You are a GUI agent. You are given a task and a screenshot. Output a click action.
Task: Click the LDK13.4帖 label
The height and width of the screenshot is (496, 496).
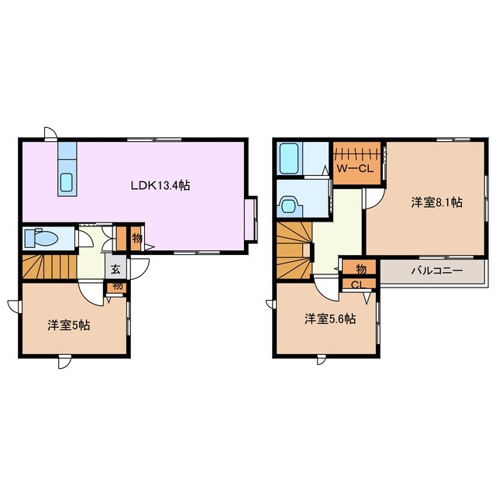pos(160,185)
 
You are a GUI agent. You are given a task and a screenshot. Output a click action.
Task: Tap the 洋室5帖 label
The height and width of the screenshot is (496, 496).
pos(69,325)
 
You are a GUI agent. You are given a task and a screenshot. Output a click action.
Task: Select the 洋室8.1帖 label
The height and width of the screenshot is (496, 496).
pos(436,202)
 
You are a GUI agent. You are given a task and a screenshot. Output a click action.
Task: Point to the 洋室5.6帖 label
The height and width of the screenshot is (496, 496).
pos(330,319)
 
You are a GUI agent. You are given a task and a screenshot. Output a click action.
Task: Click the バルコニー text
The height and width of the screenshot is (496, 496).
pos(437,270)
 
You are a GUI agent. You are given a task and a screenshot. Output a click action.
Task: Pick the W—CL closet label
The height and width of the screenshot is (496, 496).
pos(355,168)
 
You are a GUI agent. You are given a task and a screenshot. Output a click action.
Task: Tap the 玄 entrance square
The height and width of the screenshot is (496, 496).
pos(115,270)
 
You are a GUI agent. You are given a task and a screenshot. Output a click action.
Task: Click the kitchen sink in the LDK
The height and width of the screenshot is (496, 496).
pos(67,183)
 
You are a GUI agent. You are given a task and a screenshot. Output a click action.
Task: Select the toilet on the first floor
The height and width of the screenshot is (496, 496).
pos(41,238)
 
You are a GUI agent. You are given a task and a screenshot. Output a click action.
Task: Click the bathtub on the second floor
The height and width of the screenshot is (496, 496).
pos(289,158)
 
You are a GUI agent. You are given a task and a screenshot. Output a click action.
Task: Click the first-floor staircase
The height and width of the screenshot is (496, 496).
pos(50,267)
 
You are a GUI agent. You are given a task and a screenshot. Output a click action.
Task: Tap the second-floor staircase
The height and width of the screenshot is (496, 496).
pos(294,250)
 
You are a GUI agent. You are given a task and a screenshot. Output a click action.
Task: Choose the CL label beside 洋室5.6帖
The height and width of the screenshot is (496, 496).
pos(358,284)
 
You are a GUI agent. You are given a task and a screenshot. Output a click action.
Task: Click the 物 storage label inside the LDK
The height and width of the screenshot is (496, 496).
pos(137,238)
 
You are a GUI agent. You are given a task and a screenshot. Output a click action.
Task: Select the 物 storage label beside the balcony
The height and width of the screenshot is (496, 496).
pos(361,269)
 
